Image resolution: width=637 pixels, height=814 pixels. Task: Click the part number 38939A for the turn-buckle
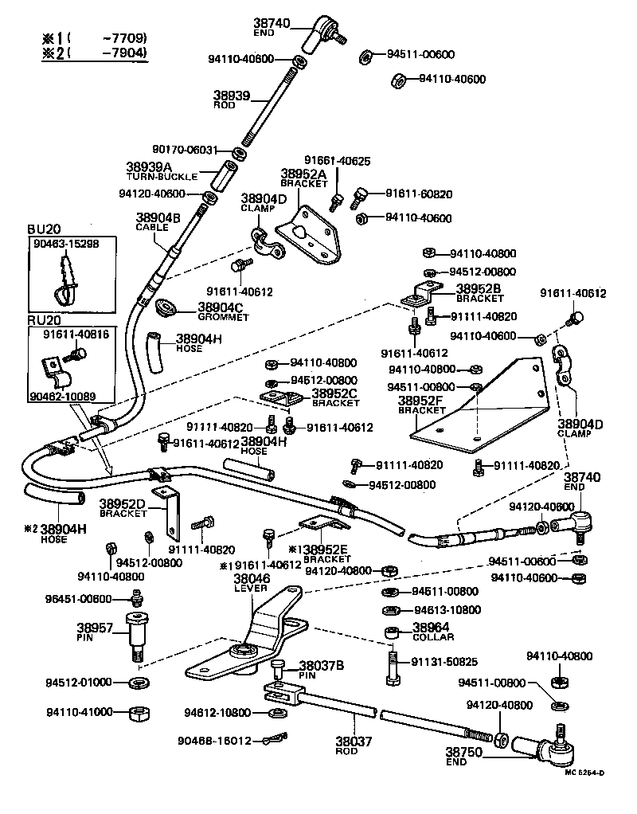coord(148,167)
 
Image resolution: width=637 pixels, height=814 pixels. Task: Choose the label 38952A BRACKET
coord(303,178)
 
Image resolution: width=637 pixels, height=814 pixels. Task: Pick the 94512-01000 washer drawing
coord(138,683)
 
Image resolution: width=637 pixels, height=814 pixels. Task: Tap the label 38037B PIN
coord(322,668)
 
